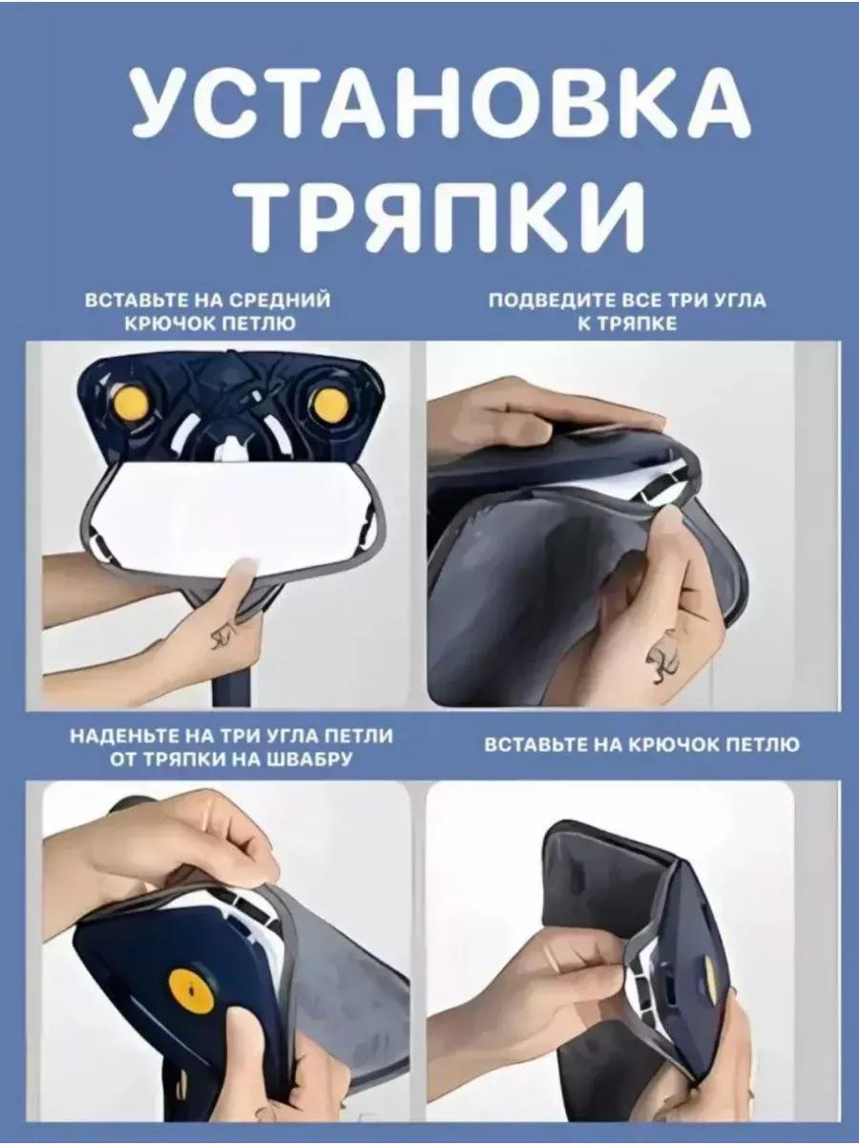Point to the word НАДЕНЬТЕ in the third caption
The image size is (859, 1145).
click(x=125, y=736)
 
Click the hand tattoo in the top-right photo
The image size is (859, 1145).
click(x=664, y=664)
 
